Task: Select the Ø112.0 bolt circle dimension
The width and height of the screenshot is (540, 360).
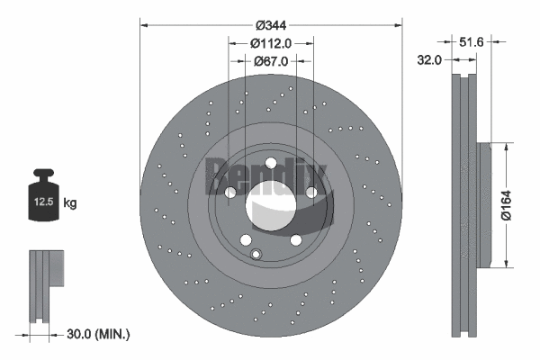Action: pos(270,42)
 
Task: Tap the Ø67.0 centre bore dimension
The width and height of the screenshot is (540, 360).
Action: pos(270,61)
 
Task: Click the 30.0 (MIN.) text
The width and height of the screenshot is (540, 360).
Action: pos(100,334)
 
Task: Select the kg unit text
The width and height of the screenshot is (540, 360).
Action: pos(70,204)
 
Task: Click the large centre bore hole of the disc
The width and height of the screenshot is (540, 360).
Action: pos(270,203)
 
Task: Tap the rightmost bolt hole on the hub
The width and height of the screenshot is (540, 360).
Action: pos(310,193)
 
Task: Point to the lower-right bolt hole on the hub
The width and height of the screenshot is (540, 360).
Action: pos(294,238)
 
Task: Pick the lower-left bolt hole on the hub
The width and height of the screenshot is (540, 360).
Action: pos(246,238)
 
